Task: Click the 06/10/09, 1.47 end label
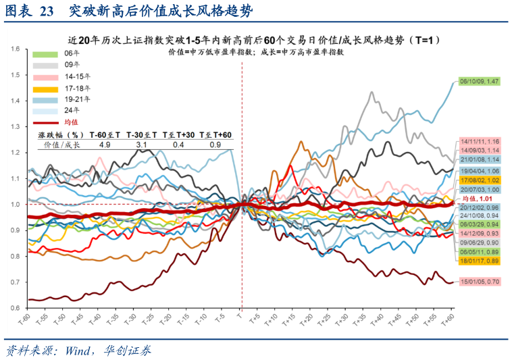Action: click(479, 82)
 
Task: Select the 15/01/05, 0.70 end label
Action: click(479, 281)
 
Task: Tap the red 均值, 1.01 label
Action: click(479, 199)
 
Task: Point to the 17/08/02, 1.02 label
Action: click(479, 180)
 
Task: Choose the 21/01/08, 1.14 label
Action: click(479, 159)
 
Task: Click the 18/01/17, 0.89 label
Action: click(479, 261)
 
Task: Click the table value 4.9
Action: click(105, 145)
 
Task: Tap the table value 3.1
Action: click(142, 145)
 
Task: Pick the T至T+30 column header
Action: click(178, 135)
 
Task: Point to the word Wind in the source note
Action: click(78, 351)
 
